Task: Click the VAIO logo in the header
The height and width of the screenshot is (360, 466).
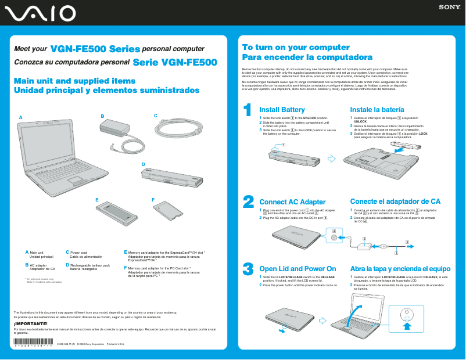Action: [x=39, y=12]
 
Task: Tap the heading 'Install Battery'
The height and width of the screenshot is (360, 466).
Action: [x=282, y=110]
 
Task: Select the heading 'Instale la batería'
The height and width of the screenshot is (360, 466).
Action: [x=377, y=110]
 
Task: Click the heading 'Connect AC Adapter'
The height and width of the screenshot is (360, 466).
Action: [x=292, y=202]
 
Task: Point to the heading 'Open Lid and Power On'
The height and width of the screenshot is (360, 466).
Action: [x=297, y=269]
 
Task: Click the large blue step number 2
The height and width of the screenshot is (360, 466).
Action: [x=248, y=201]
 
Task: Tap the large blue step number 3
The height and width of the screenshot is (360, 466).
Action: [x=248, y=268]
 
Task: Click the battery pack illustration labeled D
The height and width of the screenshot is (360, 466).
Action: [x=174, y=177]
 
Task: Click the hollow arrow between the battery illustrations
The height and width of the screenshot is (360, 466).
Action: [x=332, y=157]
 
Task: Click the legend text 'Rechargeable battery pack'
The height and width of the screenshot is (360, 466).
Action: [x=89, y=265]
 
